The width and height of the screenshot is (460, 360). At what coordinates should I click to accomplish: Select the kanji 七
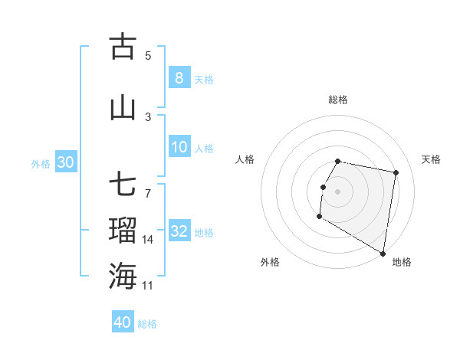(123, 186)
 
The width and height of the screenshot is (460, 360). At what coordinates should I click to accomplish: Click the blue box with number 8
(179, 77)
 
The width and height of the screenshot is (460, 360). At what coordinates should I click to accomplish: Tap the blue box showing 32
(179, 231)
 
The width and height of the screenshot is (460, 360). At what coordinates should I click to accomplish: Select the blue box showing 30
(65, 162)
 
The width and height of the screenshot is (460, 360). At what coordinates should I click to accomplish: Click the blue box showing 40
(123, 322)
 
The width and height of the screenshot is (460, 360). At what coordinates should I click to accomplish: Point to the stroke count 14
(148, 240)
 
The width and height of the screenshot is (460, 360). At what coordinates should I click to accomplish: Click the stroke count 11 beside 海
(148, 285)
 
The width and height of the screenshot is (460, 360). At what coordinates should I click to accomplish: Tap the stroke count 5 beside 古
(148, 55)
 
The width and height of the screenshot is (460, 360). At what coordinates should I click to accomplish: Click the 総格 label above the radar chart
(338, 100)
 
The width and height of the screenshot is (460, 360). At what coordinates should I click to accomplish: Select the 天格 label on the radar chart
(432, 159)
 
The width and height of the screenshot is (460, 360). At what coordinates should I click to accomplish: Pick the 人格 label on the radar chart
(245, 159)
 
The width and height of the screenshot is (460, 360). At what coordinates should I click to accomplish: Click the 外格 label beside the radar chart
(270, 262)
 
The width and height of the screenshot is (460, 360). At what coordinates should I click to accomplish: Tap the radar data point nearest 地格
(383, 254)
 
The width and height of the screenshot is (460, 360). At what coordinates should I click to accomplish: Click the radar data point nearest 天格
(396, 174)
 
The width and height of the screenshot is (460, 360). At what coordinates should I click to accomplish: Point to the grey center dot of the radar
(338, 191)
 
